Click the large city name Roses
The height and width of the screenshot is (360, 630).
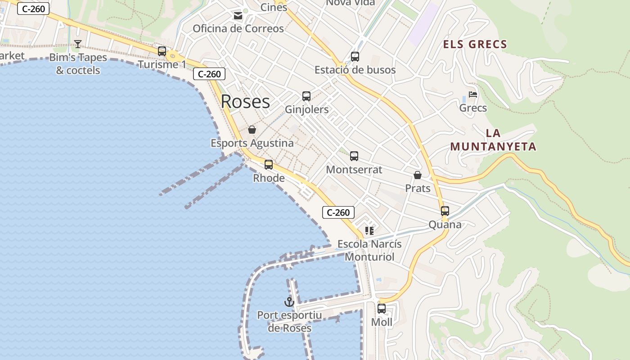click(245, 102)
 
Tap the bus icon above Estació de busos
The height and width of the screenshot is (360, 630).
click(355, 57)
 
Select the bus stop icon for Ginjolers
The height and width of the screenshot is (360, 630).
click(306, 96)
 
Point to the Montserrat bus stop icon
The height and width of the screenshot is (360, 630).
click(354, 156)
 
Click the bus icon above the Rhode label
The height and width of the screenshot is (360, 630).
click(269, 165)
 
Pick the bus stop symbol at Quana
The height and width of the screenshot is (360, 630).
click(445, 211)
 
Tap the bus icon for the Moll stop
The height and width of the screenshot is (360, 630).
click(382, 309)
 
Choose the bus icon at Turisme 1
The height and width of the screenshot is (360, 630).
click(162, 51)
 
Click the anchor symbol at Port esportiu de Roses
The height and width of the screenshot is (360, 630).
click(289, 302)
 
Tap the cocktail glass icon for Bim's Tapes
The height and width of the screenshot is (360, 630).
click(78, 44)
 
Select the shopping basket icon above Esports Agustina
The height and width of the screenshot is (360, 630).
click(252, 130)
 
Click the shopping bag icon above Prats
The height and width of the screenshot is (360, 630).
click(418, 175)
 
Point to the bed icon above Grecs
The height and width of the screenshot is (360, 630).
click(473, 94)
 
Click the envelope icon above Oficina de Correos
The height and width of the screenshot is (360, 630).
click(238, 16)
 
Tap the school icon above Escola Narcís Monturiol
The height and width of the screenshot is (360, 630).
click(369, 231)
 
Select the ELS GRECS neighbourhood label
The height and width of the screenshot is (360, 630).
click(475, 45)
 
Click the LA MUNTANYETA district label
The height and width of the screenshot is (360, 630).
click(493, 140)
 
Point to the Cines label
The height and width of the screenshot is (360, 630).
click(274, 7)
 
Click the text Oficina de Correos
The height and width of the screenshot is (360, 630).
click(238, 29)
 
